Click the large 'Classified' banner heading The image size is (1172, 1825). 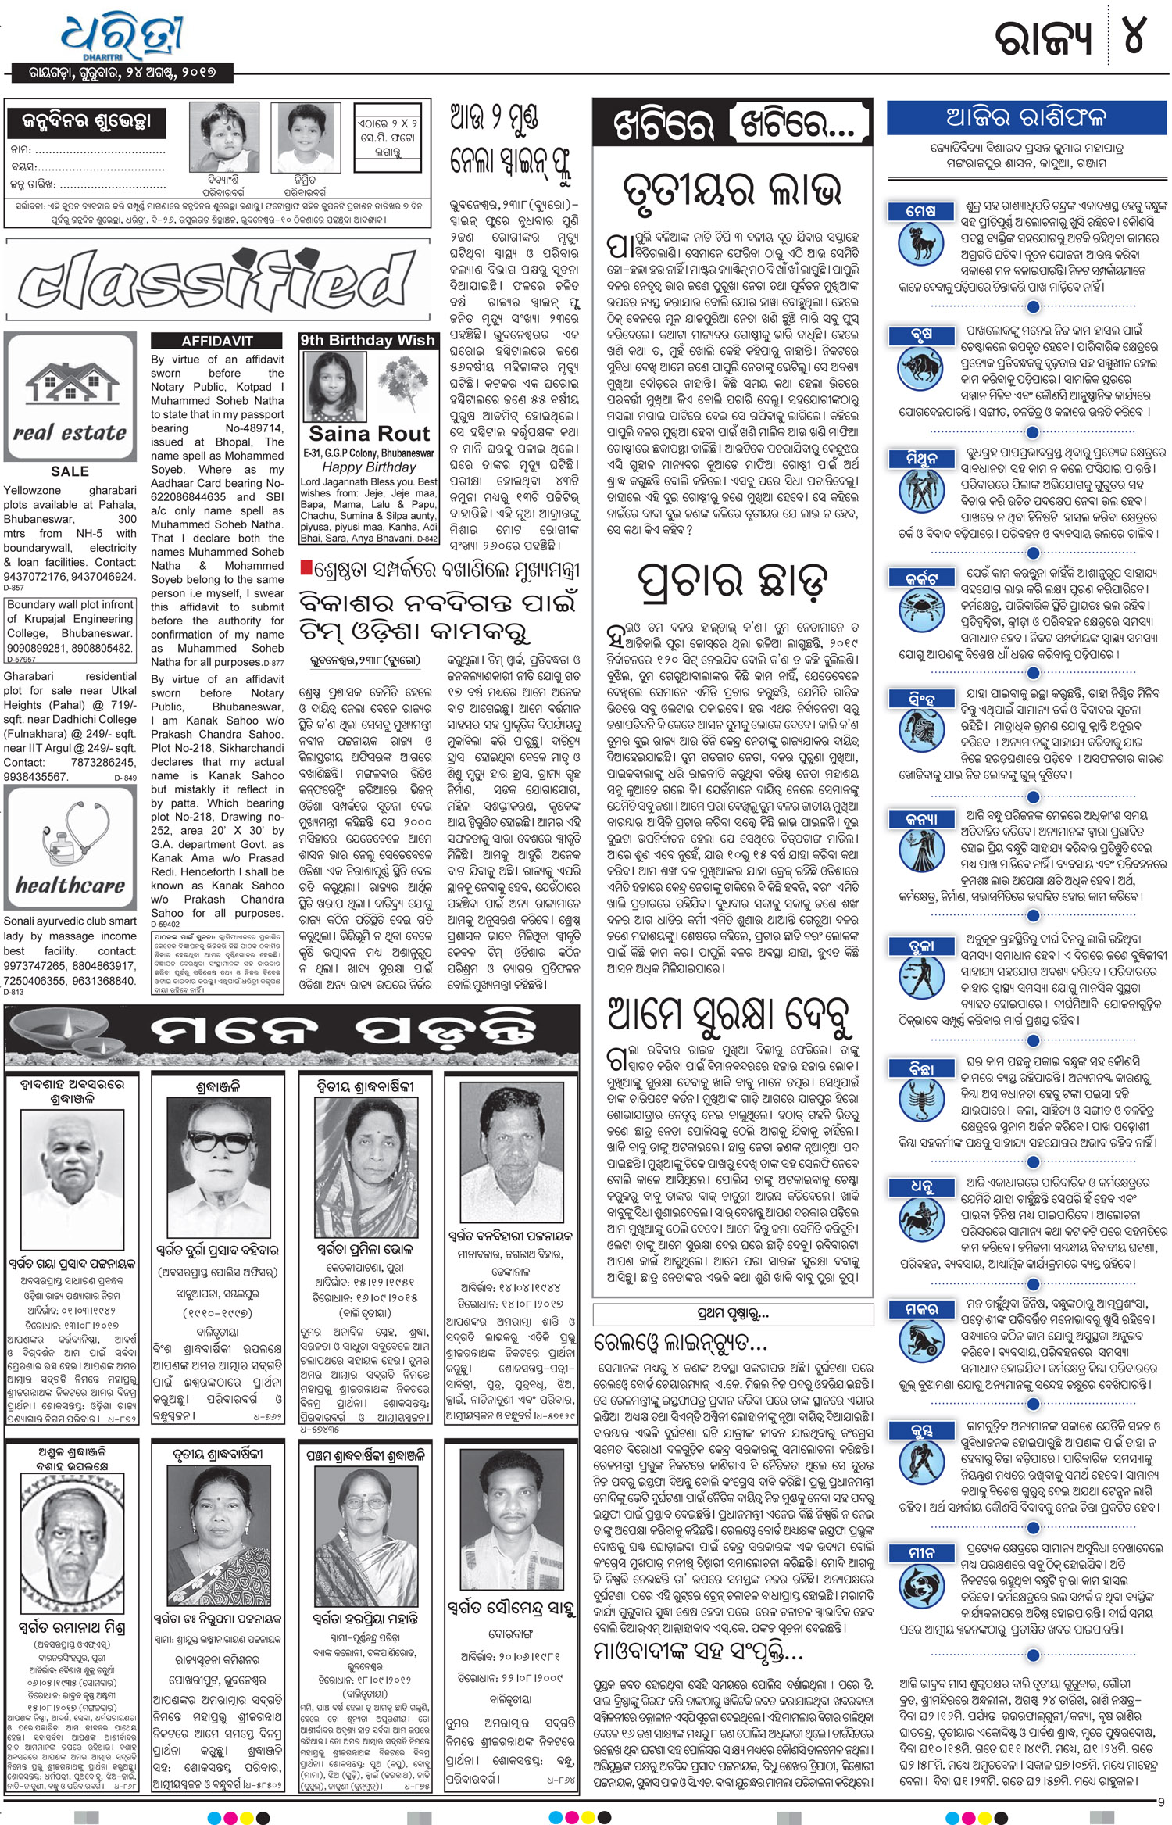216,280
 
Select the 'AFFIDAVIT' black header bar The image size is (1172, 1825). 216,341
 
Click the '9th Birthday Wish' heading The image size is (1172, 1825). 368,340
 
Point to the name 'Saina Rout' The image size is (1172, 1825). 369,434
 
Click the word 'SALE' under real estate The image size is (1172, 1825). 70,471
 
